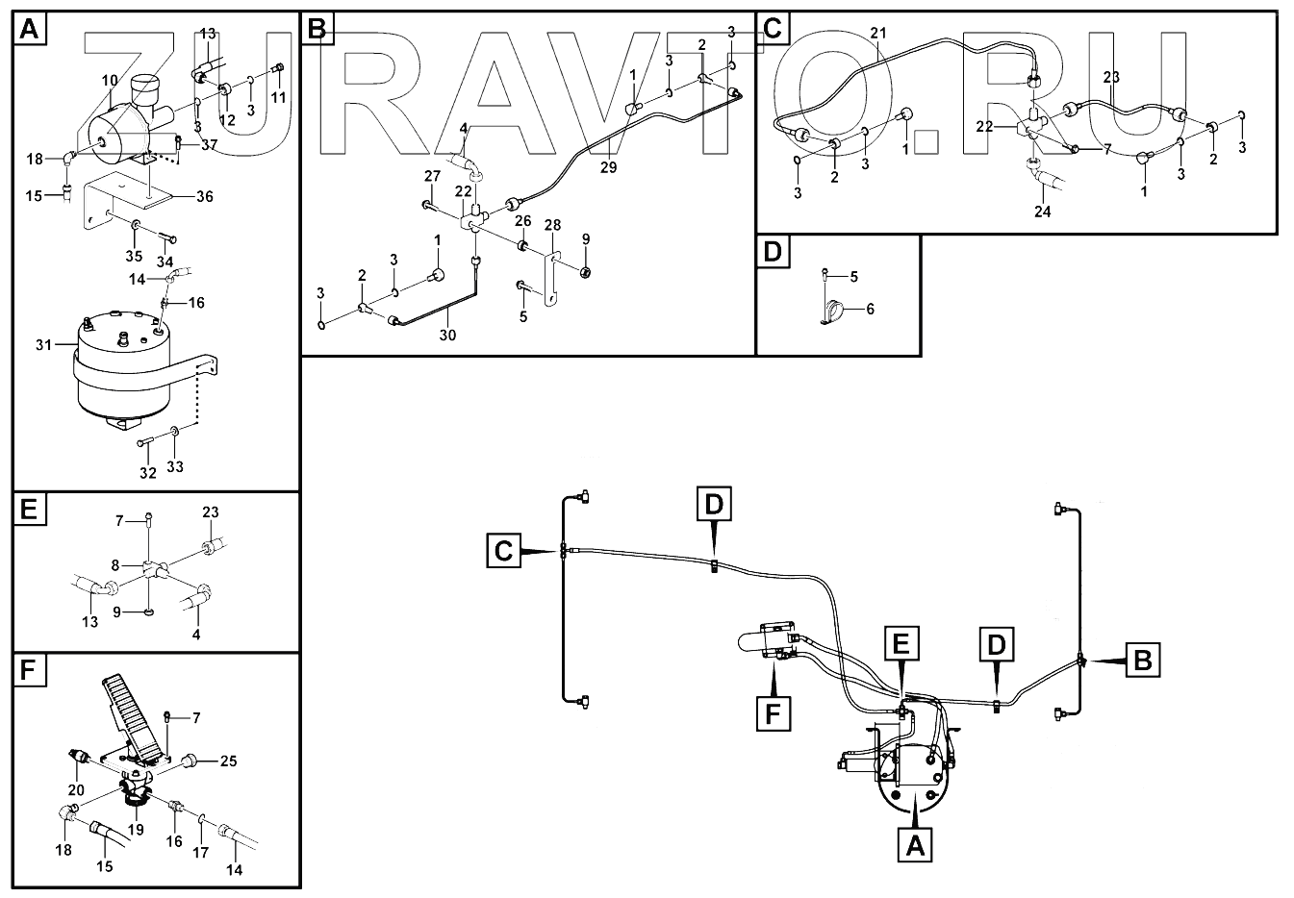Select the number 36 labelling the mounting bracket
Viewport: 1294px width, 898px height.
(x=204, y=196)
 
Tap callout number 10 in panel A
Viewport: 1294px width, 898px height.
(x=109, y=81)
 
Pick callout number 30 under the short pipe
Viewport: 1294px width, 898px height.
(x=448, y=336)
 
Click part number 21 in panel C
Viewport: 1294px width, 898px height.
(x=876, y=34)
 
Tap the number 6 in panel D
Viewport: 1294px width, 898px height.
(x=871, y=310)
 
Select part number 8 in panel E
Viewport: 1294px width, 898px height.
(x=115, y=565)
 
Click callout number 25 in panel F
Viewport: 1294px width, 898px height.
(x=228, y=761)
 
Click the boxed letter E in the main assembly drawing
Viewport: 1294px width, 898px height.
(x=901, y=642)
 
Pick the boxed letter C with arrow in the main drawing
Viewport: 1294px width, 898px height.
(x=503, y=551)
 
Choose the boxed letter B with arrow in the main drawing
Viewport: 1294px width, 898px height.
(x=1143, y=661)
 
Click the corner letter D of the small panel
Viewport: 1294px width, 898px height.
(x=772, y=252)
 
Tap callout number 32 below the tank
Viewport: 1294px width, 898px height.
(x=147, y=473)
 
